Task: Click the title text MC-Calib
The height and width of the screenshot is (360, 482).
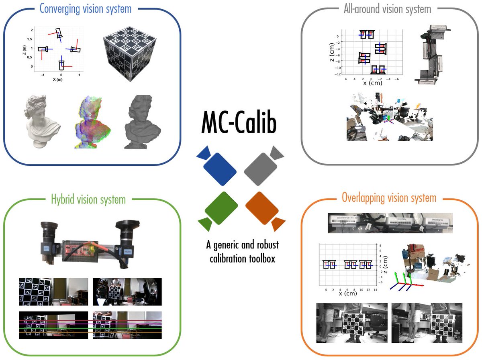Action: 239,123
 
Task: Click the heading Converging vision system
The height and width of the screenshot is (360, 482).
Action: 86,8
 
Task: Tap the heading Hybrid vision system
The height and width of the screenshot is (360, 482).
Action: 88,199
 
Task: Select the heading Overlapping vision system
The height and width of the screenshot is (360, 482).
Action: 389,198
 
